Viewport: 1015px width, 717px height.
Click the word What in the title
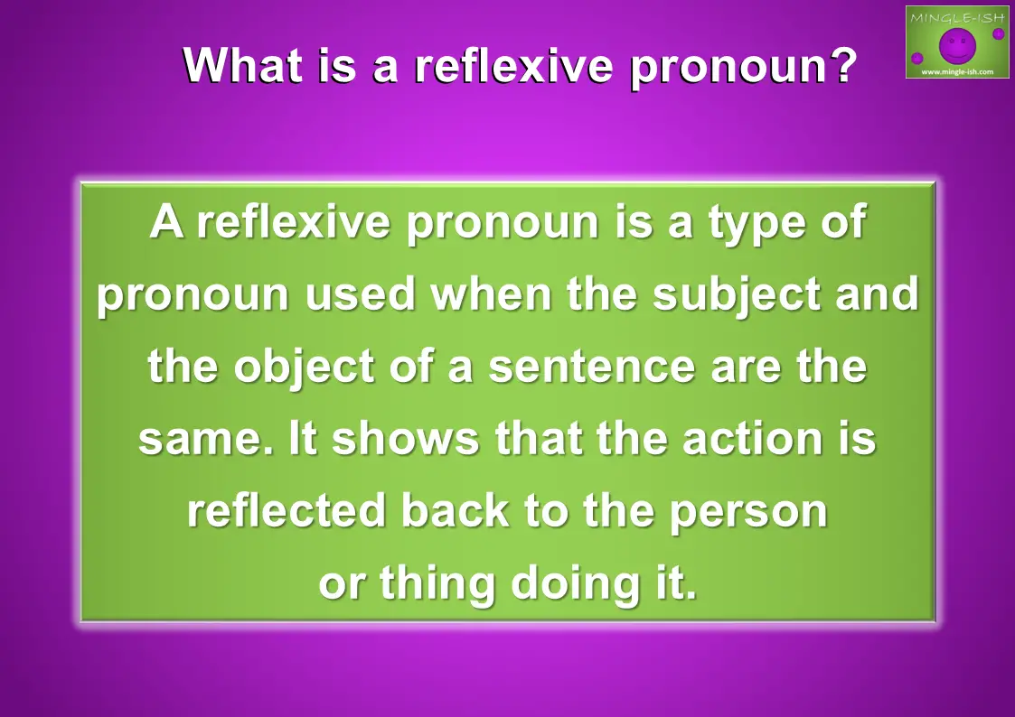point(243,65)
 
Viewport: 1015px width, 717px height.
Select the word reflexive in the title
point(512,65)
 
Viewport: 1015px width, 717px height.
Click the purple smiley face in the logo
point(957,45)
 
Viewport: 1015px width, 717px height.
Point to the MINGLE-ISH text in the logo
point(957,17)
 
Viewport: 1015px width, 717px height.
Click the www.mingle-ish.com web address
point(957,71)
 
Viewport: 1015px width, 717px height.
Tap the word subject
point(737,295)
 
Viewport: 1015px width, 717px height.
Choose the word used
point(360,294)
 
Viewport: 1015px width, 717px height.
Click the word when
point(491,294)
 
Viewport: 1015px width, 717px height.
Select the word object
point(304,368)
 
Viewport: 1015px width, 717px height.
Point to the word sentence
point(592,368)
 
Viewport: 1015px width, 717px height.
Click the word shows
point(405,438)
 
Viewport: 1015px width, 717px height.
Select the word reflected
point(287,510)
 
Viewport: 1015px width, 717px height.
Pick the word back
point(455,510)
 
